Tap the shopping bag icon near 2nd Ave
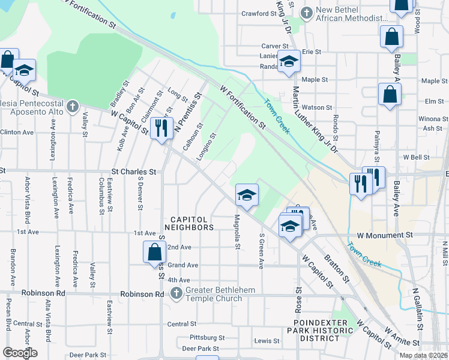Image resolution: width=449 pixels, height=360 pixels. (154, 252)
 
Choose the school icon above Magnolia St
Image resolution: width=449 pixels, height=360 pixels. (246, 195)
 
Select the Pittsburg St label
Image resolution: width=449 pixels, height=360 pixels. (206, 338)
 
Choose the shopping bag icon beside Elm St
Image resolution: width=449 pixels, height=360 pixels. (390, 95)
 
